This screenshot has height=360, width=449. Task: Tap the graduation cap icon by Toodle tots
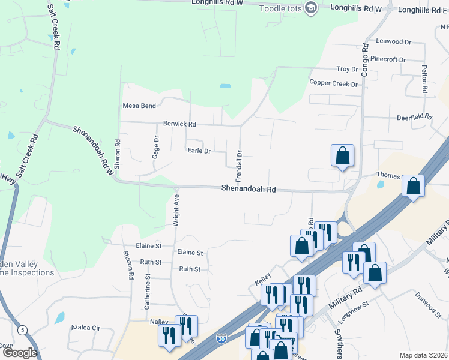click(x=310, y=8)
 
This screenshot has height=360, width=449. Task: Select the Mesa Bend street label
click(x=139, y=106)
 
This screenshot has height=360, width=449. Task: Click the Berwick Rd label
click(x=179, y=124)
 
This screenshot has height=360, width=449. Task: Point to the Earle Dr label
click(x=199, y=151)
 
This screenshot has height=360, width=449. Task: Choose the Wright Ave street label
click(x=176, y=209)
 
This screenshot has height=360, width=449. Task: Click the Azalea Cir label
click(x=85, y=328)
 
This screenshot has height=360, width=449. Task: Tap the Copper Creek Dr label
click(x=333, y=83)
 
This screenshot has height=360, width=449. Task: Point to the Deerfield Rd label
click(x=414, y=118)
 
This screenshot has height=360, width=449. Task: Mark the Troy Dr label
click(x=347, y=70)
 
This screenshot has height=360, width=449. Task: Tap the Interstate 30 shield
click(x=221, y=339)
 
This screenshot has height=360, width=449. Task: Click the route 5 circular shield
click(x=23, y=329)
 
